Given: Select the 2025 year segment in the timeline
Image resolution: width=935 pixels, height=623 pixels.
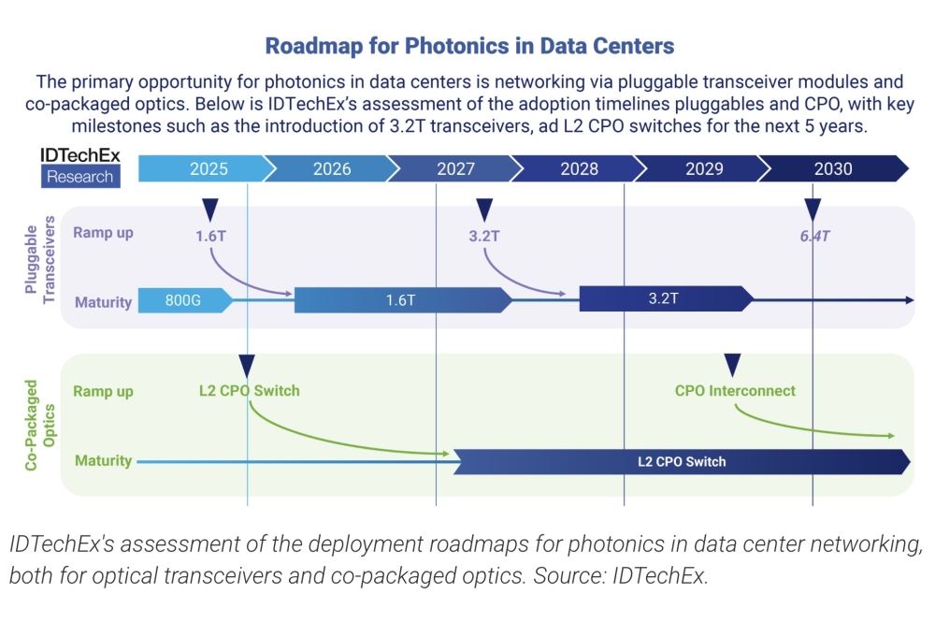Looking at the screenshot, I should coord(208,169).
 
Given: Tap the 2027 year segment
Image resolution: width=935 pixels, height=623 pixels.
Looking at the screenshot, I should coord(455,169).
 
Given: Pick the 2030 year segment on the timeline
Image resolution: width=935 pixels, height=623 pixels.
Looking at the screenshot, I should coord(832,169).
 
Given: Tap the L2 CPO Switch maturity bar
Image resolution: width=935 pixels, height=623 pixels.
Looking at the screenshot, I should coord(681,462).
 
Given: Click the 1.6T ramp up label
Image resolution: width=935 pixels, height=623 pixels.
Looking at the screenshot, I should coord(210,236).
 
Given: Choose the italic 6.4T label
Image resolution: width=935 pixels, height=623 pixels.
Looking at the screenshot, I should coord(814,236).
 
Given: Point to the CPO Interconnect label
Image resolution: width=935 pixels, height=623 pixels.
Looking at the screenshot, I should coord(735,391).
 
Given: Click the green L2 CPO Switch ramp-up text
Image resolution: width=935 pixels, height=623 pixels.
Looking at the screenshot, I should coord(249,391).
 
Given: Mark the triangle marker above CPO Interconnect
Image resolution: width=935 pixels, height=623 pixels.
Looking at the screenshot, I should coord(733,364).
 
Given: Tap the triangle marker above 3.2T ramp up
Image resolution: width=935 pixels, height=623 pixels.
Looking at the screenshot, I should coord(483,210).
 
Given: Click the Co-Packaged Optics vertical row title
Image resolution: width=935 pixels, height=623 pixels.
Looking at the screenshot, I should coord(39,423).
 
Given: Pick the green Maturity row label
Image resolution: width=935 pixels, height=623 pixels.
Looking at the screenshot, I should coord(103,461).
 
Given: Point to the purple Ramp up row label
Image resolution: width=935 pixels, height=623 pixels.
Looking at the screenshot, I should coord(103,233).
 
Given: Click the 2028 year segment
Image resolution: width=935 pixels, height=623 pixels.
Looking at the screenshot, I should coord(580,169).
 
